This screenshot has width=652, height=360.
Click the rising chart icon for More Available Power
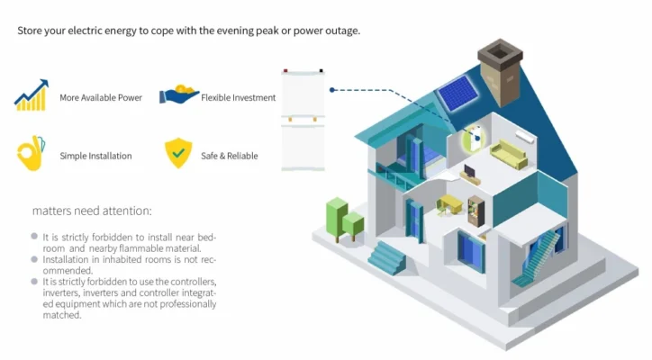(x=32, y=96)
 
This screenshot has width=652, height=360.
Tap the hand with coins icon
(x=178, y=95)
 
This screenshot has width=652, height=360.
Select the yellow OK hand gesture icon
(x=30, y=154)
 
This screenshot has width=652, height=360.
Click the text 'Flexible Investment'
(x=238, y=97)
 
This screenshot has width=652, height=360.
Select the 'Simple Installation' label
(x=95, y=156)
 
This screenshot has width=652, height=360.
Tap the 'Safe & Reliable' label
(x=230, y=156)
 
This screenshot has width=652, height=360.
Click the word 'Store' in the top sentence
(x=30, y=31)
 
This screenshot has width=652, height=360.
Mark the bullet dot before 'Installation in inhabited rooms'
(x=34, y=258)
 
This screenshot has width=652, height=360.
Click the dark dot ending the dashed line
(x=332, y=90)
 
